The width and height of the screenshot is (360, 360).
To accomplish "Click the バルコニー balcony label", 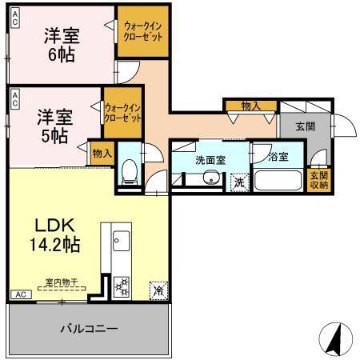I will pos(90,329).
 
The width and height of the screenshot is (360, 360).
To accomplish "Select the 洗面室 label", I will pos(210,159).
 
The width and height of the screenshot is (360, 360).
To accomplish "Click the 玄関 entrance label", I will pos(305,126).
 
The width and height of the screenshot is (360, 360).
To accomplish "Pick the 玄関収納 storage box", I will pos(319,180).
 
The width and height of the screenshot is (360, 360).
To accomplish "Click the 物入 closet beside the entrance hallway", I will pos(250,105).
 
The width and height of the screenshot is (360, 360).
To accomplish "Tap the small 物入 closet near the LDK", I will pos(102,152).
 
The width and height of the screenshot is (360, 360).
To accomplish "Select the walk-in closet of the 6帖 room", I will pos(143,32).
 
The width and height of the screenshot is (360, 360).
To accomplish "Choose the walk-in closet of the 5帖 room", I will pos(123,113).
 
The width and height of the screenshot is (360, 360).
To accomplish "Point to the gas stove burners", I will pos(122,284).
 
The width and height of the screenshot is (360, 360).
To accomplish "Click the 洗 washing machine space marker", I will pos(239,182).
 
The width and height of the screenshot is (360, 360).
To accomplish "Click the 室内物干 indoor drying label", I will pos(60,282).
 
